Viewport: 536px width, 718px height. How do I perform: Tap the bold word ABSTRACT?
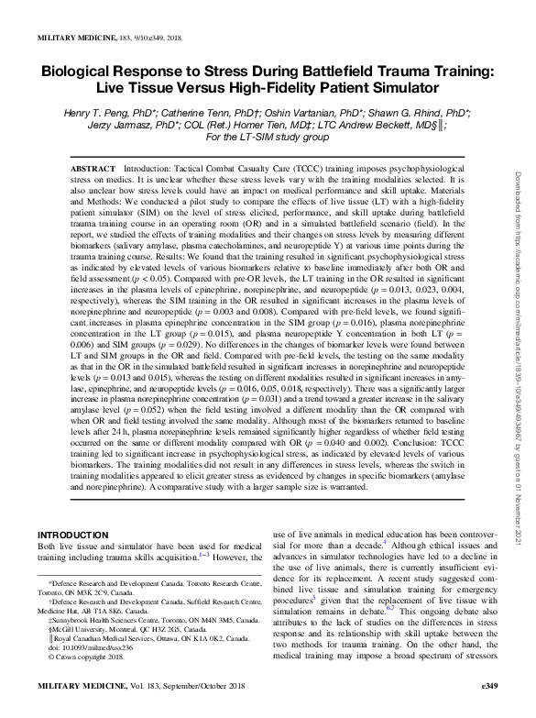92,171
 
